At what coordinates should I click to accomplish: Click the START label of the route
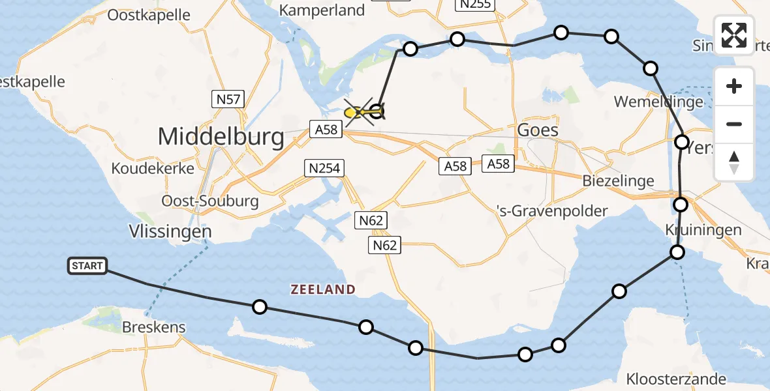click(87, 266)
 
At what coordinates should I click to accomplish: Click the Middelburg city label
click(221, 137)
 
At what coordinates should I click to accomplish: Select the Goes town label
click(537, 130)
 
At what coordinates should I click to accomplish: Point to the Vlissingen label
click(170, 231)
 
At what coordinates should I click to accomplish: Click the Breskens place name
click(154, 327)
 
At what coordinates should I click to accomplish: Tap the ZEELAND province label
click(324, 289)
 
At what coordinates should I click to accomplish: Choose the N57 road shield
click(228, 100)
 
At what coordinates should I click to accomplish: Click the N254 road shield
click(324, 169)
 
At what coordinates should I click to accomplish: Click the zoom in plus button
click(734, 86)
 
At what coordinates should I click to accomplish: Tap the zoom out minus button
click(734, 124)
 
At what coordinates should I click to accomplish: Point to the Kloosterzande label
click(675, 379)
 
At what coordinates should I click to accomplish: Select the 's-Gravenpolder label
click(551, 210)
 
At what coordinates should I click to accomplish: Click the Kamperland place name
click(322, 10)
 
